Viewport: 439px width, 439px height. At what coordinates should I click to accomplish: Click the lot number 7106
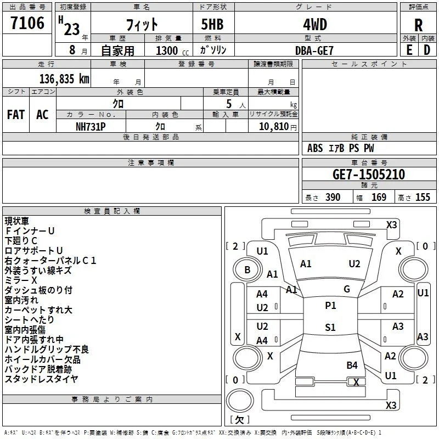click(x=27, y=23)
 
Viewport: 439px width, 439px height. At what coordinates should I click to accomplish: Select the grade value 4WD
click(x=315, y=25)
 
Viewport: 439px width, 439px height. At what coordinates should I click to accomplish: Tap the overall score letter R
click(x=418, y=25)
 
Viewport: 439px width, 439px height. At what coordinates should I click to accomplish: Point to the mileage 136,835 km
click(x=64, y=79)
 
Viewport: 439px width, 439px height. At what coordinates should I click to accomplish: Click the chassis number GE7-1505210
click(x=369, y=175)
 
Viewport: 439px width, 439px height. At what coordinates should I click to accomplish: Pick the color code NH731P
click(x=91, y=127)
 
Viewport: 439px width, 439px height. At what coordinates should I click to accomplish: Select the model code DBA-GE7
click(x=314, y=50)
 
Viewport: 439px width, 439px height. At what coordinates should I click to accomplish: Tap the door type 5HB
click(x=212, y=24)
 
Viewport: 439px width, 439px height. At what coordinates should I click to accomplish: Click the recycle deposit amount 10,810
click(x=274, y=127)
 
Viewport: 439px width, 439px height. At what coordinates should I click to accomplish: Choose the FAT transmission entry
click(x=16, y=115)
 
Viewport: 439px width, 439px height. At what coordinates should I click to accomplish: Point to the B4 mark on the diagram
click(x=352, y=365)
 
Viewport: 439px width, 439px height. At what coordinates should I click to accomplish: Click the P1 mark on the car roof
click(x=330, y=306)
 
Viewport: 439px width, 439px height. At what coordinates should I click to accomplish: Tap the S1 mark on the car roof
click(x=330, y=327)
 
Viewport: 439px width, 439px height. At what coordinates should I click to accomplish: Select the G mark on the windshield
click(x=347, y=289)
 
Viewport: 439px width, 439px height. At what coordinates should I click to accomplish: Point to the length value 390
click(x=333, y=197)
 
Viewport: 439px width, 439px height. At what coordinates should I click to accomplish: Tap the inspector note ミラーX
click(x=21, y=280)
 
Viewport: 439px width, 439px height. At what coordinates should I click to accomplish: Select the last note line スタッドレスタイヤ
click(x=41, y=379)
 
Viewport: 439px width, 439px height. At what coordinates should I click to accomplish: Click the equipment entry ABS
click(x=315, y=148)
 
